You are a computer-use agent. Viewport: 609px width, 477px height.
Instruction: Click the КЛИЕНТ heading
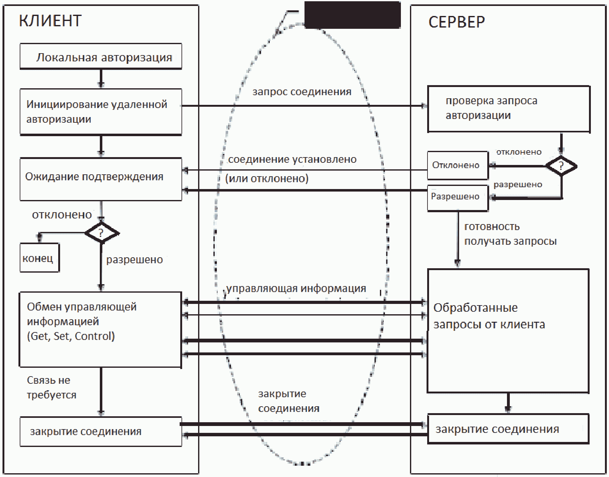50,21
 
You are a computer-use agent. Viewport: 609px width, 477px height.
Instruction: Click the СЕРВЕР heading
457,22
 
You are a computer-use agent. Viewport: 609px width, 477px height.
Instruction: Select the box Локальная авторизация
101,56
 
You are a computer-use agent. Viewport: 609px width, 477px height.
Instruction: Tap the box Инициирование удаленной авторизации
101,112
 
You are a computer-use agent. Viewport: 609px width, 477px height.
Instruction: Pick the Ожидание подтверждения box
101,179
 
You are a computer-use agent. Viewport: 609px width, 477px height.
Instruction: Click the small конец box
40,258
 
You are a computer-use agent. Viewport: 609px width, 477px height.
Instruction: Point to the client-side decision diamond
101,233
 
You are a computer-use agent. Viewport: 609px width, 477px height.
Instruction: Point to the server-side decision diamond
561,166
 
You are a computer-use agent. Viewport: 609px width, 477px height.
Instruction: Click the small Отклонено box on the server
458,165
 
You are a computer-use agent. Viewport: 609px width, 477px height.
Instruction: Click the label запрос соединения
302,92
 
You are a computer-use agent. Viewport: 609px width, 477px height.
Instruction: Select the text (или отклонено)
267,178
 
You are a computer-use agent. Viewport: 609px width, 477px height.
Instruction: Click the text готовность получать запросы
510,234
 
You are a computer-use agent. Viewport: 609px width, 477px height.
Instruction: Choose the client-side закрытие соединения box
101,431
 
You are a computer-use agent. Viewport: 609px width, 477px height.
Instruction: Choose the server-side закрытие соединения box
508,429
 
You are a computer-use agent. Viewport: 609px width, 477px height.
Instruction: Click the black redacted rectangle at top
353,15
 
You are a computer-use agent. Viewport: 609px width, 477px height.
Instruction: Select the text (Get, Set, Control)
71,336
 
